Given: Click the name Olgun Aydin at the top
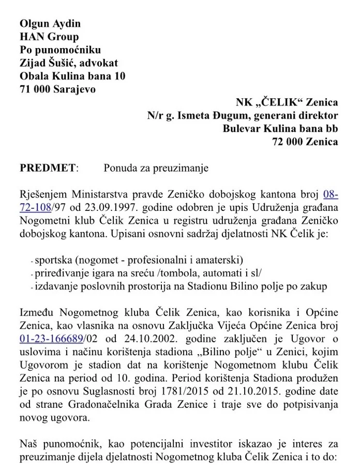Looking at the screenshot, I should point(50,23).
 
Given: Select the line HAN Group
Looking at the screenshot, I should point(49,37).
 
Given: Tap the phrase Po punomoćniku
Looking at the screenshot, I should point(60,50).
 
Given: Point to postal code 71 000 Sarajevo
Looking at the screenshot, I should point(57,89).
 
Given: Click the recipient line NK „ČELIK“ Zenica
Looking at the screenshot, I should point(287,102).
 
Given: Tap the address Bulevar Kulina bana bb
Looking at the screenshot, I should point(280,128).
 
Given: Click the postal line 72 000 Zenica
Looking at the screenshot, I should point(305,142).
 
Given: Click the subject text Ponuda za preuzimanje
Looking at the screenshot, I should point(148,168).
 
